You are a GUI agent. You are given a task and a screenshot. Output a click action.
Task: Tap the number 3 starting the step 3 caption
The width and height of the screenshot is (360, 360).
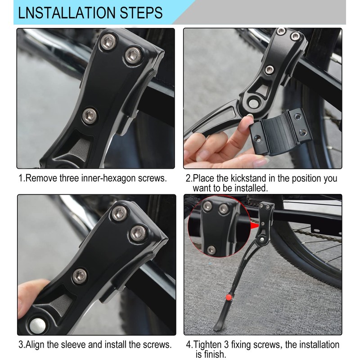point(21,345)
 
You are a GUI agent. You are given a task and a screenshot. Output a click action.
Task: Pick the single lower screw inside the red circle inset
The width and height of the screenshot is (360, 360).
point(210,249)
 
